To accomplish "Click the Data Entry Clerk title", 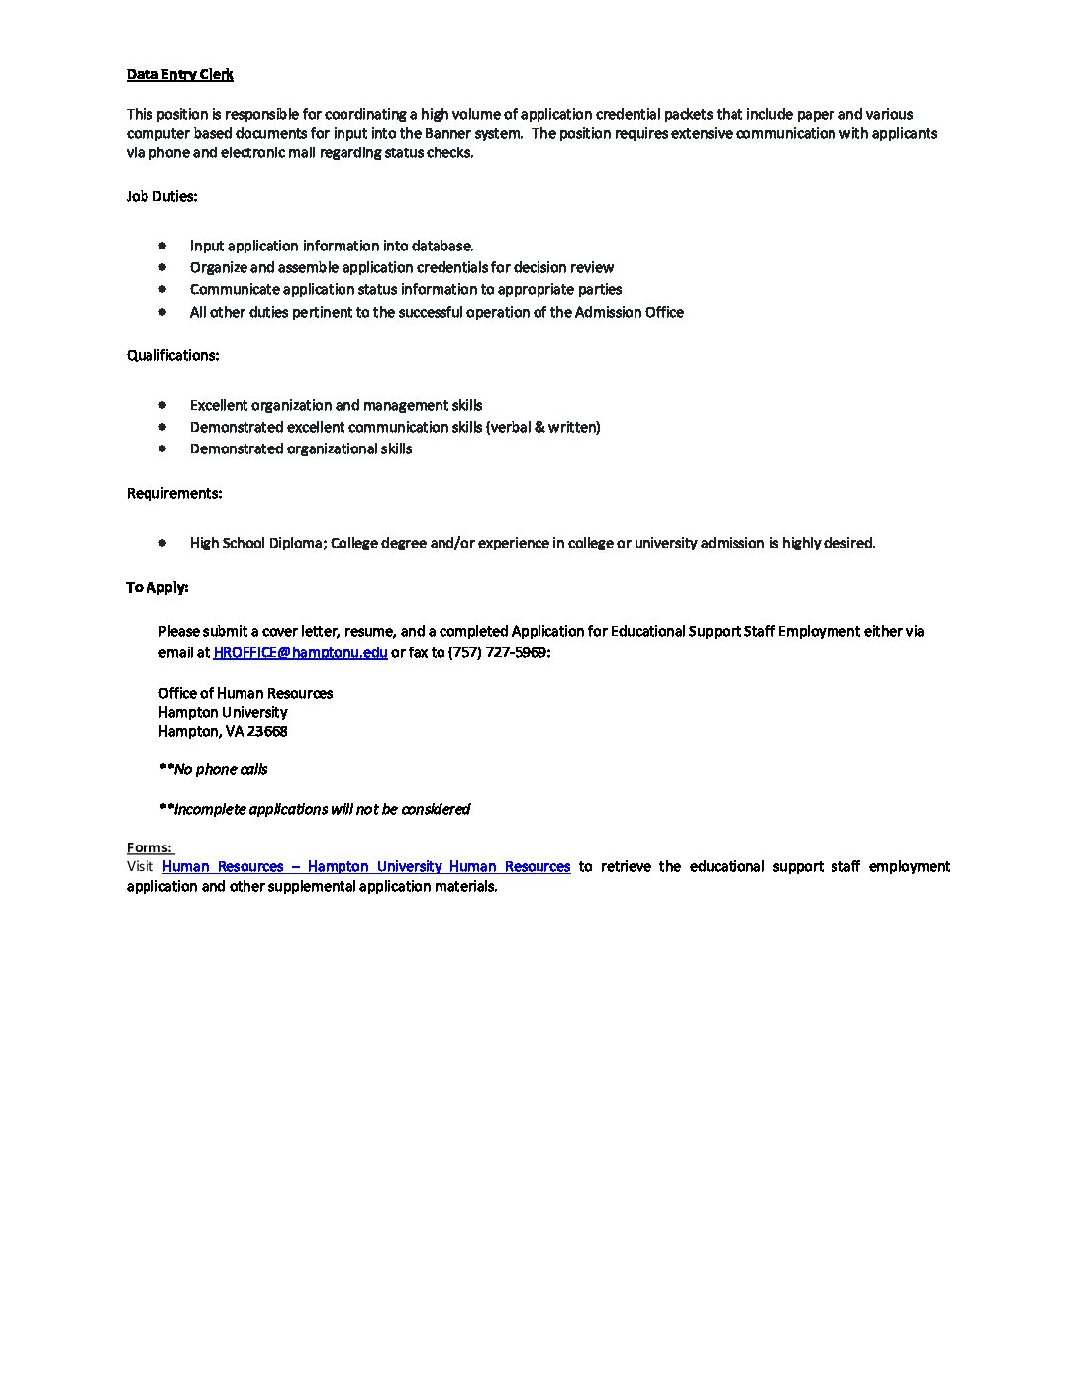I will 179,75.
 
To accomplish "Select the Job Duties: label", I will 161,196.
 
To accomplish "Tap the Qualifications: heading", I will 172,355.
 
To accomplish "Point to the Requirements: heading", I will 174,493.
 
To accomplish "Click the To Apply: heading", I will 156,587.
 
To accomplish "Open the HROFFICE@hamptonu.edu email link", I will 300,652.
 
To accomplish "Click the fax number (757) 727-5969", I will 498,652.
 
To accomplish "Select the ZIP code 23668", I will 267,731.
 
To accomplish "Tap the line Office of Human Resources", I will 245,693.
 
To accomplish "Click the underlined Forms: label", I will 149,847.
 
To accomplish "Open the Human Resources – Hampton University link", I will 366,866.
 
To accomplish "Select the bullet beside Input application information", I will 162,245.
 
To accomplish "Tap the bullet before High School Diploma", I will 162,542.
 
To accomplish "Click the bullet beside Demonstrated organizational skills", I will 162,448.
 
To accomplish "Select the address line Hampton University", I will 223,712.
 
